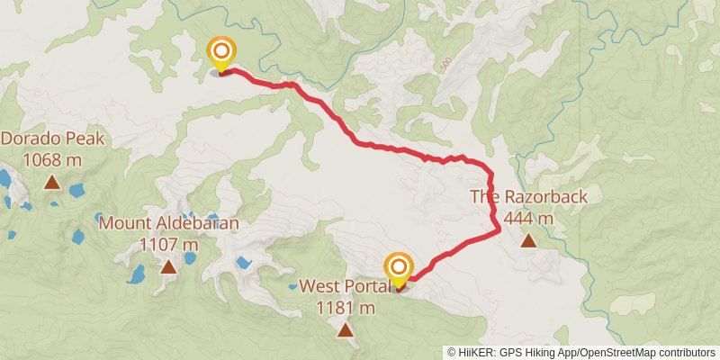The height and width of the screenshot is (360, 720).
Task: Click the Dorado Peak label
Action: (53, 139)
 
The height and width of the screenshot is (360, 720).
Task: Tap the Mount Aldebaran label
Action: (169, 223)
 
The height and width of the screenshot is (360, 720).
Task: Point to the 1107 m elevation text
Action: (169, 244)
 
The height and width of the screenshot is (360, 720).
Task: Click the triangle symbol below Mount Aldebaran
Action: (168, 266)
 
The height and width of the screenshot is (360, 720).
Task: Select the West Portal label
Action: (345, 286)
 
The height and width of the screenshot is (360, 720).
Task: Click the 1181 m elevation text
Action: (345, 308)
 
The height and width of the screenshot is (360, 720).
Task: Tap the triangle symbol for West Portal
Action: (345, 330)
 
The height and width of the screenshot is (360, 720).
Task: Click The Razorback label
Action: (528, 197)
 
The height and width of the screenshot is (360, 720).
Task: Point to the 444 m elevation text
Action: (528, 218)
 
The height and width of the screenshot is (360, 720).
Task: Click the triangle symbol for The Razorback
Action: (528, 240)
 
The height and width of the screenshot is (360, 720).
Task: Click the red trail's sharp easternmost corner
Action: (499, 231)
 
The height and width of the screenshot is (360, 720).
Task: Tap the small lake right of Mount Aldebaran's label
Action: (243, 264)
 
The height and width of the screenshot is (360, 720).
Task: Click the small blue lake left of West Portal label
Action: (293, 287)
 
